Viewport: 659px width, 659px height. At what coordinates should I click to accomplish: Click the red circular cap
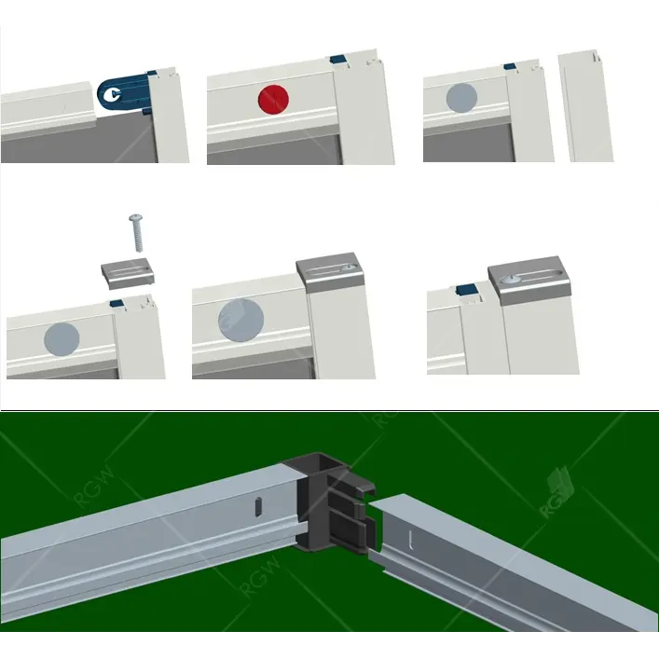tap(274, 99)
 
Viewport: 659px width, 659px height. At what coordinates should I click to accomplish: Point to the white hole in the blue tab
tap(113, 94)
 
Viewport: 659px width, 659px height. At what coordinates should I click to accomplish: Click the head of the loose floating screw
tap(136, 217)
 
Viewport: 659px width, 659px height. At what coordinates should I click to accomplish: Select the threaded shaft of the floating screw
tap(139, 237)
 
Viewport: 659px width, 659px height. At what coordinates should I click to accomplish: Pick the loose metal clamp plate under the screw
tap(129, 274)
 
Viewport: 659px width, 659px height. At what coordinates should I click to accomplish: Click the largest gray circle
tap(240, 321)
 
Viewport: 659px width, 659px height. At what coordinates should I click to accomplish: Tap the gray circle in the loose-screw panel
tap(62, 339)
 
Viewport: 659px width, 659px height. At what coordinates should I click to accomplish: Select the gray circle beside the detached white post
tap(461, 97)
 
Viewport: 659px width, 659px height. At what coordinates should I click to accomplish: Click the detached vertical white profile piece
tap(585, 106)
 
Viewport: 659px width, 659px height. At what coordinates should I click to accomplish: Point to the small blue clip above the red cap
tap(338, 60)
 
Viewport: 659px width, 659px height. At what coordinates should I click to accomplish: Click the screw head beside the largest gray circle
tap(349, 268)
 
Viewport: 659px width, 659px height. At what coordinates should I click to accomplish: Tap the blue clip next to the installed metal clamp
tap(467, 289)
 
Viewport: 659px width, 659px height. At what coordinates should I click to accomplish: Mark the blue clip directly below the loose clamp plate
tap(117, 303)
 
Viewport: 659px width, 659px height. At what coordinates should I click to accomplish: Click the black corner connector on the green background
tap(329, 501)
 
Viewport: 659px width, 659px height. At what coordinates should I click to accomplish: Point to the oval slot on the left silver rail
tap(258, 506)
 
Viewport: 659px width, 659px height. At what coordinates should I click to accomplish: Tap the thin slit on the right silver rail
tap(410, 540)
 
